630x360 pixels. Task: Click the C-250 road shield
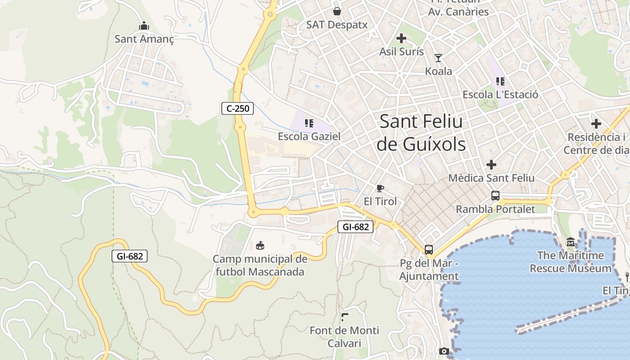coord(238,108)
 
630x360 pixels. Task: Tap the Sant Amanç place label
coord(144,39)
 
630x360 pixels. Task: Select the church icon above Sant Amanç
coord(144,26)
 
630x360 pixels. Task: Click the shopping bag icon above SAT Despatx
coord(337,11)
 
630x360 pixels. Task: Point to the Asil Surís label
coord(401,51)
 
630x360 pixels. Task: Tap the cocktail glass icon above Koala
coord(438,58)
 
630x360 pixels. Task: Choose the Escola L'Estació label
coord(500,94)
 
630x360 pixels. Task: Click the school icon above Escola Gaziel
coord(309,123)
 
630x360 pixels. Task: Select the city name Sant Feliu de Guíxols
coord(421,133)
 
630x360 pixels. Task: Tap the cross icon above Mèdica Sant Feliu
coord(491,165)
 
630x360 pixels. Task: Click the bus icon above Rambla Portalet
coord(495,196)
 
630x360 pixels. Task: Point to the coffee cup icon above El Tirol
coord(380,188)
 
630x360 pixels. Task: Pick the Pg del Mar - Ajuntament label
coord(429,270)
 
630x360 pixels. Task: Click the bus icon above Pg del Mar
coord(429,249)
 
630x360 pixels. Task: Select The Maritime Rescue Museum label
coord(571,262)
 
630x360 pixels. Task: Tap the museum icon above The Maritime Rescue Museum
coord(571,243)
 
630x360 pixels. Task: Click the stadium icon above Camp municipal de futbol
coord(260,245)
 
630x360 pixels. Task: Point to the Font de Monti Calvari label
coord(344,337)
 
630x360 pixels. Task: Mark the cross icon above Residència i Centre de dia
coord(596,123)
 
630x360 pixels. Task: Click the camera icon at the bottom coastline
coord(444,351)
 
